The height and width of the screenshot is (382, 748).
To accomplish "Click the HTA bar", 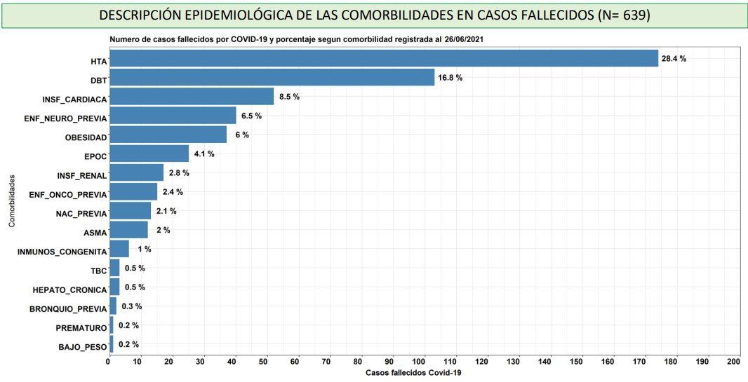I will click(383, 58).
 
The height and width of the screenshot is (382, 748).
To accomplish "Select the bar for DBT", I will click(272, 77).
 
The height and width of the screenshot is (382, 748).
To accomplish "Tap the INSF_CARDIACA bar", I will click(191, 96).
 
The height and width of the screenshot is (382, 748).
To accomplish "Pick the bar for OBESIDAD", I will click(168, 135).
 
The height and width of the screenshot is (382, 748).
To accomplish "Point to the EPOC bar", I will click(149, 154).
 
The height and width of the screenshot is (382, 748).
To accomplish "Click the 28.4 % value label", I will click(674, 59).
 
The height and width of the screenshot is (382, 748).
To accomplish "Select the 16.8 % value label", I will click(450, 78).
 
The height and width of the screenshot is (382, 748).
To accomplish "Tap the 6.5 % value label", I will click(251, 116).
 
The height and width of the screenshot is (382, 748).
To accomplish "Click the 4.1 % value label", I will click(204, 154).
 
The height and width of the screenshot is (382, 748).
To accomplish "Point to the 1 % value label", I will click(144, 249).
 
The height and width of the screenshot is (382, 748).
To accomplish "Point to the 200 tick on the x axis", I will click(734, 361).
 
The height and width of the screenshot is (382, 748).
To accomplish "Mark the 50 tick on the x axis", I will click(264, 361).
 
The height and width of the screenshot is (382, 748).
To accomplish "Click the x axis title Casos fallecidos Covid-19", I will click(413, 373).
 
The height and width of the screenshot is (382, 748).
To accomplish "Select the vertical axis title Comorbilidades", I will click(12, 200).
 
